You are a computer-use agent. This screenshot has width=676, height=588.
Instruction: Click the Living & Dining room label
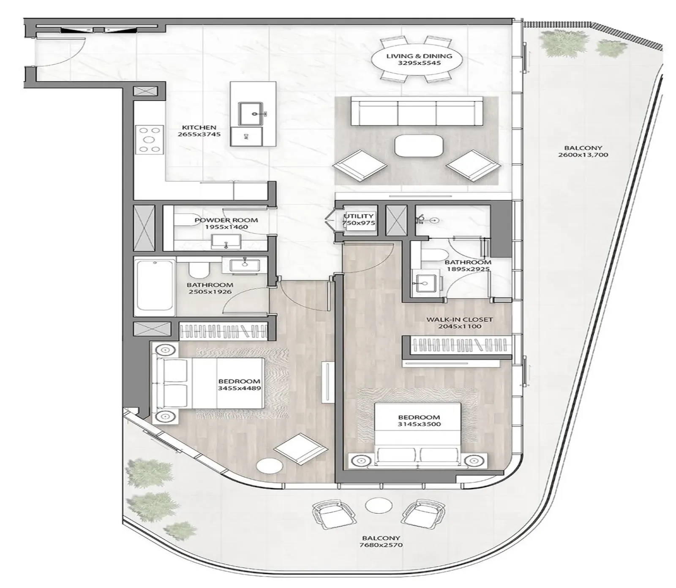(x=419, y=56)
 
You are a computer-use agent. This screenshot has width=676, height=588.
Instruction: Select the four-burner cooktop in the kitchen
(x=149, y=139)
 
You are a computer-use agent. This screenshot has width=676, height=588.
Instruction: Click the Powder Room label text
(x=226, y=220)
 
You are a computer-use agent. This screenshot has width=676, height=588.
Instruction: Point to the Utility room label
(x=359, y=216)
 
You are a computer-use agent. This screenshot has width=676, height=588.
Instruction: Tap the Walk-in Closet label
(x=459, y=320)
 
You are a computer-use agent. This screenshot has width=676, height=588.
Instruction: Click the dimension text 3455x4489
(x=239, y=388)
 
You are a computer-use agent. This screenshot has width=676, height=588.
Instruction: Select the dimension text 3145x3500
(x=419, y=424)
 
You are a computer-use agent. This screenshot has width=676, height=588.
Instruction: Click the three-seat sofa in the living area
(x=417, y=111)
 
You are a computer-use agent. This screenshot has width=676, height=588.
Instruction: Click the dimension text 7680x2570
(x=381, y=545)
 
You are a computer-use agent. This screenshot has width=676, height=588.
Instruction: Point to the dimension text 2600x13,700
(x=583, y=155)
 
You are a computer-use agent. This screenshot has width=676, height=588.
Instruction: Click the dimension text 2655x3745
(x=199, y=134)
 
